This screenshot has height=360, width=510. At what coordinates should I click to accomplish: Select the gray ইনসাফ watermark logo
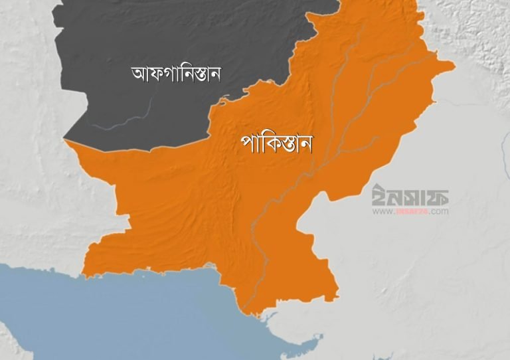pos(410,195)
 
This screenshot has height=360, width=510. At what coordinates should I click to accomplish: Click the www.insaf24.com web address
pos(410,212)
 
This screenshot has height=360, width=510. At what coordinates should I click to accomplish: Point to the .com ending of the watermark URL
pos(440,212)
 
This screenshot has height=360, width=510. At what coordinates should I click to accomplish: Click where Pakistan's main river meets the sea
pos(246,308)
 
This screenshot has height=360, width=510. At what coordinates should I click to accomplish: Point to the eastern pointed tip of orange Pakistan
pos(454,66)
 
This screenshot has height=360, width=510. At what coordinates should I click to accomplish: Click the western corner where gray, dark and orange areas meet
pos(65,140)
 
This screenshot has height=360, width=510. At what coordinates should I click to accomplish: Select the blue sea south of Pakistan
pos(133,312)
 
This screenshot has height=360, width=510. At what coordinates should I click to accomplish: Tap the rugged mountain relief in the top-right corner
pos(471,27)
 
